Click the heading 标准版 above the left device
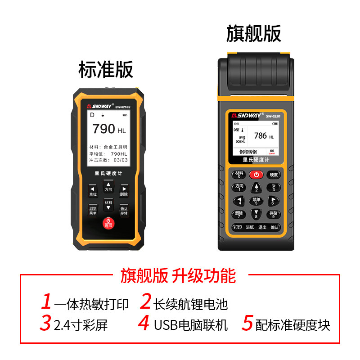tap(106, 70)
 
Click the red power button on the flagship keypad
tap(256, 174)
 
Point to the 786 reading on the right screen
tap(261, 135)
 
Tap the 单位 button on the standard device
tap(93, 191)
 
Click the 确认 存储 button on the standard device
tap(124, 211)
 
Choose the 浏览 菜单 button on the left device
tap(93, 211)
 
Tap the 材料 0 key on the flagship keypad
tap(239, 175)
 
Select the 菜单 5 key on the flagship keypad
tap(256, 201)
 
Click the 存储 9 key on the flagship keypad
tap(273, 214)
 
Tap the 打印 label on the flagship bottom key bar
tap(238, 228)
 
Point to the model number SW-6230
tap(273, 117)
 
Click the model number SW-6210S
tap(122, 107)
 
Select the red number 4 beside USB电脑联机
tap(144, 323)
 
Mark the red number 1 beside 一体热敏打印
tap(46, 301)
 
